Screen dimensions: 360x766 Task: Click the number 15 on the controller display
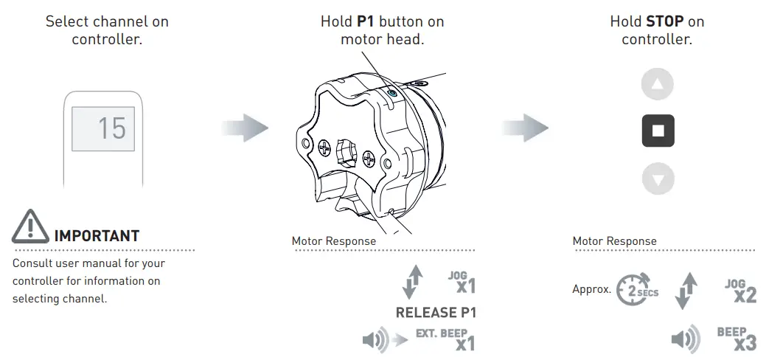pyautogui.click(x=112, y=128)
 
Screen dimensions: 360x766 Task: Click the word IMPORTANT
pyautogui.click(x=97, y=236)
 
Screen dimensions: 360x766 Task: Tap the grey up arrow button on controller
pyautogui.click(x=658, y=85)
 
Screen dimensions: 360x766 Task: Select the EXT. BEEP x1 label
pyautogui.click(x=445, y=339)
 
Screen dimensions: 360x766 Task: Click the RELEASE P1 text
pyautogui.click(x=436, y=312)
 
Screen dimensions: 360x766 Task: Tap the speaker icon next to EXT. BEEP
pyautogui.click(x=375, y=340)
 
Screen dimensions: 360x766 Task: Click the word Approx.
pyautogui.click(x=592, y=289)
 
